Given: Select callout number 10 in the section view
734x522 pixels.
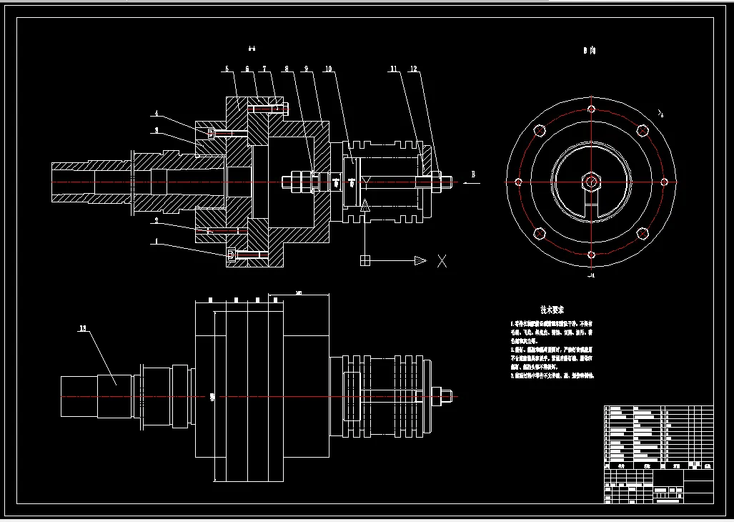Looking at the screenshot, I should [327, 69].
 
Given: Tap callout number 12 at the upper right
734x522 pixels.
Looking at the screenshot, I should [414, 69].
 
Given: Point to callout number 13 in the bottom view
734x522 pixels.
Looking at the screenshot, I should [83, 329].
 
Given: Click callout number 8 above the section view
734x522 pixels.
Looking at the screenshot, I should [287, 69].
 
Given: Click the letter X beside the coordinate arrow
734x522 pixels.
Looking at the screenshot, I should [442, 261].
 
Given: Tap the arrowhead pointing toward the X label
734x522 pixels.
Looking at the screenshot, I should [420, 261].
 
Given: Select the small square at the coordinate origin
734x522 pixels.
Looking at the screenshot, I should [364, 261].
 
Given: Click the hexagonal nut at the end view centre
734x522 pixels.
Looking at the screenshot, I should [591, 182].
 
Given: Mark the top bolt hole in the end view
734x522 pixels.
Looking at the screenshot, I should [591, 109].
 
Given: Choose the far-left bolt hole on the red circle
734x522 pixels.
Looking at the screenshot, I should [518, 182].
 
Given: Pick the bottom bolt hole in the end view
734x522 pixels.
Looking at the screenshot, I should [591, 255].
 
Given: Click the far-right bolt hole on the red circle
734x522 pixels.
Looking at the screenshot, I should [664, 182].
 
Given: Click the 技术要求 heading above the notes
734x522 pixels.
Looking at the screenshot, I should [552, 310].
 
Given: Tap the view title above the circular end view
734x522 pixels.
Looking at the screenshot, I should [589, 51].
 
